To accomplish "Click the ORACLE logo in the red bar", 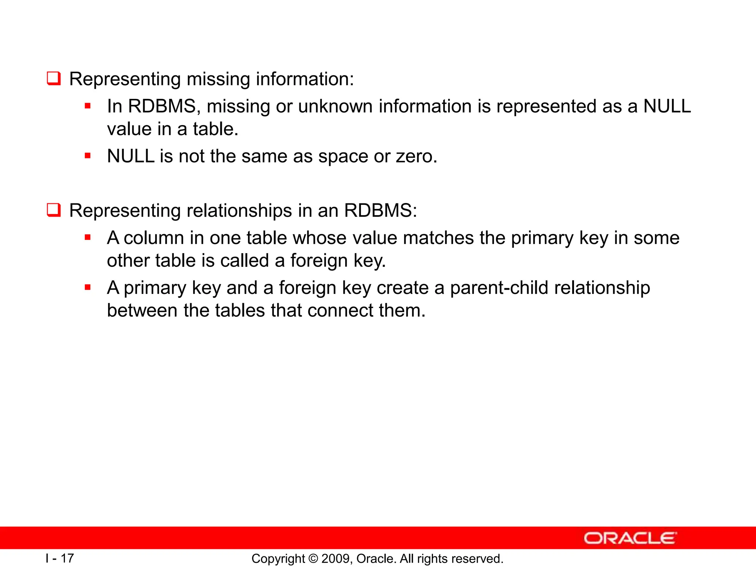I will click(630, 538).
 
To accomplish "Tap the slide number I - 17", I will click(60, 558).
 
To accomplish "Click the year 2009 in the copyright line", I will click(333, 559).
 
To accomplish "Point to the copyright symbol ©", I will click(313, 559).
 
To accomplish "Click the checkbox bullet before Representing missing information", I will click(54, 79).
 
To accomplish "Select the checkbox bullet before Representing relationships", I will click(54, 210).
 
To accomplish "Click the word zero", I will click(416, 157).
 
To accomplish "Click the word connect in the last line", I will click(340, 310).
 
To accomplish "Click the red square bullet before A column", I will click(87, 238).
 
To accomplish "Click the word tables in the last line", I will click(240, 310).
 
